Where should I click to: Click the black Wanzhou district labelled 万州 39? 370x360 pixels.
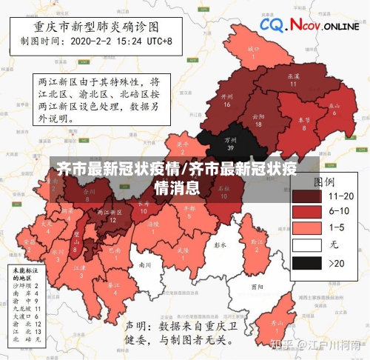pyautogui.click(x=230, y=142)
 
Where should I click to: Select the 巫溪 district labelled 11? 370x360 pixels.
pyautogui.click(x=292, y=79)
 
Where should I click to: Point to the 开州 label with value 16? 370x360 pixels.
pyautogui.click(x=227, y=100)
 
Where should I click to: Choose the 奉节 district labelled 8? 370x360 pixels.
pyautogui.click(x=303, y=123)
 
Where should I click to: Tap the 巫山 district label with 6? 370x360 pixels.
pyautogui.click(x=334, y=109)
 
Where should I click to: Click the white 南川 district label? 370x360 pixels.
pyautogui.click(x=145, y=264)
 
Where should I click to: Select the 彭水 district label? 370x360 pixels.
pyautogui.click(x=219, y=244)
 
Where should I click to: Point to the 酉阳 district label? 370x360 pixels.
pyautogui.click(x=257, y=285)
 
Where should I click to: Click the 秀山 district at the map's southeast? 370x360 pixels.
pyautogui.click(x=277, y=327)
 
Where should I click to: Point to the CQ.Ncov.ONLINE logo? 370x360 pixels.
pyautogui.click(x=309, y=26)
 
